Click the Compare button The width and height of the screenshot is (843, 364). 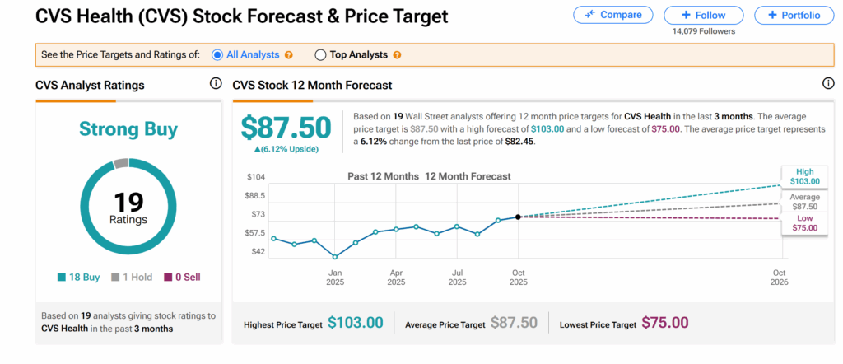pyautogui.click(x=612, y=15)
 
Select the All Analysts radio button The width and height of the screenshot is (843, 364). pyautogui.click(x=218, y=55)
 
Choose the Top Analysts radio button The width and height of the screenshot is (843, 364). pyautogui.click(x=320, y=55)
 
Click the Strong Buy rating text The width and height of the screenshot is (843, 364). pyautogui.click(x=128, y=128)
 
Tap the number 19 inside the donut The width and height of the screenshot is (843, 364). pyautogui.click(x=128, y=201)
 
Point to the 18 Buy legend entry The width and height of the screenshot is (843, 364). pyautogui.click(x=80, y=278)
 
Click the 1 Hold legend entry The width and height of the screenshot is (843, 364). pyautogui.click(x=132, y=278)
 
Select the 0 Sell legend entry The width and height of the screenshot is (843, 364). pyautogui.click(x=182, y=278)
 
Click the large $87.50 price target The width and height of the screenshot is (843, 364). pyautogui.click(x=286, y=127)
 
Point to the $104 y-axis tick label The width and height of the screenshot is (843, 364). pyautogui.click(x=255, y=178)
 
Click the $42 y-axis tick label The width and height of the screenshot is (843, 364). pyautogui.click(x=257, y=251)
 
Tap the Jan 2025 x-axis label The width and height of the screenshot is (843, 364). pyautogui.click(x=335, y=277)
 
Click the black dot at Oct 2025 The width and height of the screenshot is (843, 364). pyautogui.click(x=518, y=217)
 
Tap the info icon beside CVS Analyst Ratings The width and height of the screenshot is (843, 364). pyautogui.click(x=216, y=84)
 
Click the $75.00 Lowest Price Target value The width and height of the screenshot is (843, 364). pyautogui.click(x=664, y=323)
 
